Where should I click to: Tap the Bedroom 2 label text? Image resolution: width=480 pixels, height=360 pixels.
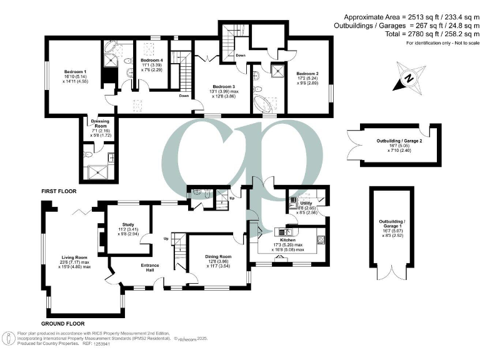click(x=308, y=73)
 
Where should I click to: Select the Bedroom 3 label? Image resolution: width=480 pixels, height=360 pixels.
click(x=224, y=86)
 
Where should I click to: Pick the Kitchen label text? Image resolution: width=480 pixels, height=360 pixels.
click(x=287, y=240)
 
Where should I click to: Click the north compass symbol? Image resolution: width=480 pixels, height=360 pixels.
click(x=407, y=79)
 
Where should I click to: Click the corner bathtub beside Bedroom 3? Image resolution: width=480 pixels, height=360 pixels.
click(x=263, y=102)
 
